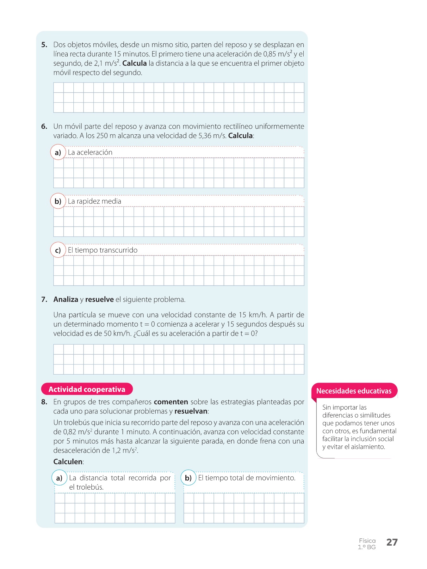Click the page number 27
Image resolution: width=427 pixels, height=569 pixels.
(392, 542)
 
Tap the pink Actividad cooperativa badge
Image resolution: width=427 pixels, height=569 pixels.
(87, 389)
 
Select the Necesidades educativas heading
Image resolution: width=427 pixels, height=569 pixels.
(354, 391)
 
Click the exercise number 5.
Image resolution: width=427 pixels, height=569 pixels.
(44, 45)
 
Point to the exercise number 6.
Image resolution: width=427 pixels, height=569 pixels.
(44, 126)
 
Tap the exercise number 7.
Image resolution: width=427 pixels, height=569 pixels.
(44, 299)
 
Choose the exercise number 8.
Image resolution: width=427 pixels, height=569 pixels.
(44, 402)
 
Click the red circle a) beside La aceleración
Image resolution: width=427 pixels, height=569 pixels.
(58, 152)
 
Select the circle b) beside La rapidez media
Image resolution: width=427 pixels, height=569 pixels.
(58, 201)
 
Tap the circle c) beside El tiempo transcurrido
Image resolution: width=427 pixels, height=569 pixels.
(58, 250)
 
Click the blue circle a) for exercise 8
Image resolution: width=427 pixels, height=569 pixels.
(59, 478)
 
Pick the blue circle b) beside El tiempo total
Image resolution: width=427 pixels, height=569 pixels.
(188, 478)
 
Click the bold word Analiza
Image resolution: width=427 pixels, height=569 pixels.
(66, 299)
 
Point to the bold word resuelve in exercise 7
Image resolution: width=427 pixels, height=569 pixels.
(99, 299)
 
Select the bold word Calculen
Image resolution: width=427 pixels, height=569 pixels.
(68, 462)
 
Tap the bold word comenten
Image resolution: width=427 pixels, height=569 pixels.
(171, 402)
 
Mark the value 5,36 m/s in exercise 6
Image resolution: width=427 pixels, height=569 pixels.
(212, 136)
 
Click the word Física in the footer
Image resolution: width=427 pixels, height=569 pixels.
(367, 541)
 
